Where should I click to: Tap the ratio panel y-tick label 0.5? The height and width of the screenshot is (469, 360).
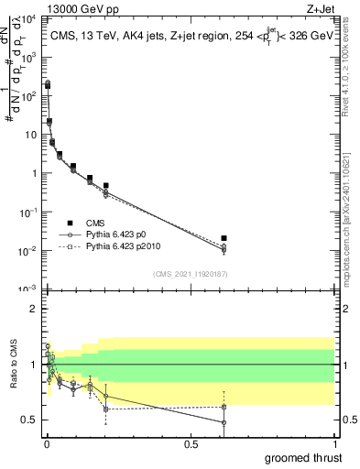coord(27,420)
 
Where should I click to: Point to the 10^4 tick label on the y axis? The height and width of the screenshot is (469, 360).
coord(27,19)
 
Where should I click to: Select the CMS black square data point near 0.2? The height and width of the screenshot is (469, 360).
coord(106,186)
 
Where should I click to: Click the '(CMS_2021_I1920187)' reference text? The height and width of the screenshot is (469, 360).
coord(190,273)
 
